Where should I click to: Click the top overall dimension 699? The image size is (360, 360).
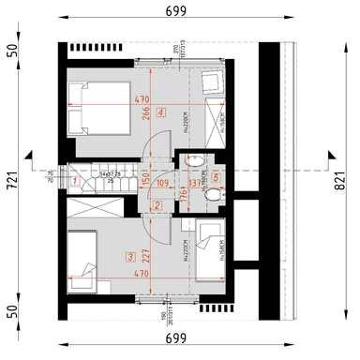click(x=178, y=11)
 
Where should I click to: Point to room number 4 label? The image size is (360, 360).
click(x=161, y=112)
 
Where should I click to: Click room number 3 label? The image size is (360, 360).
click(x=130, y=254)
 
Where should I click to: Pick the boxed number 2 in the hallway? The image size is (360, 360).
click(x=157, y=205)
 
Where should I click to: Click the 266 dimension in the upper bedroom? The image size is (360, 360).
click(x=146, y=112)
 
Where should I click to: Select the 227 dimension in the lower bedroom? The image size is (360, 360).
click(x=146, y=253)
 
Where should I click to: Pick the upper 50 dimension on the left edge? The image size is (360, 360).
click(x=13, y=50)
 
